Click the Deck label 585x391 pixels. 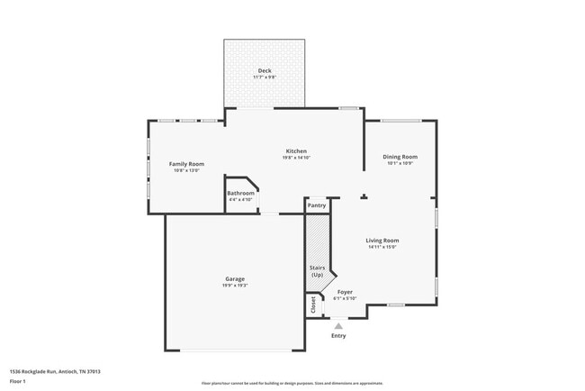(265, 70)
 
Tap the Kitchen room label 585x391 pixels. (296, 150)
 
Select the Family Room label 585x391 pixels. (187, 163)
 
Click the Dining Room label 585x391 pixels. (400, 156)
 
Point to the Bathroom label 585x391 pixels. (240, 193)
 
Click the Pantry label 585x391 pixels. (317, 205)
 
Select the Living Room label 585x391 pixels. (382, 240)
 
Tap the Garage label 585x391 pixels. (235, 278)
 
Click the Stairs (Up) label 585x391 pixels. (317, 271)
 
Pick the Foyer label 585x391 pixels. (345, 292)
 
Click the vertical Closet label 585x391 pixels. (314, 305)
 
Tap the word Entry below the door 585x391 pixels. (338, 336)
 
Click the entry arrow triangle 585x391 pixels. (338, 326)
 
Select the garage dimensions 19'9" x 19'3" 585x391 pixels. (235, 286)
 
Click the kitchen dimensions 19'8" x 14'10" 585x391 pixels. (296, 158)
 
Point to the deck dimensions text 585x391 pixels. (265, 77)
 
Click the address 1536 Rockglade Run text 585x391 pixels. (55, 370)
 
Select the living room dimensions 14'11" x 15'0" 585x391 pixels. (382, 247)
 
